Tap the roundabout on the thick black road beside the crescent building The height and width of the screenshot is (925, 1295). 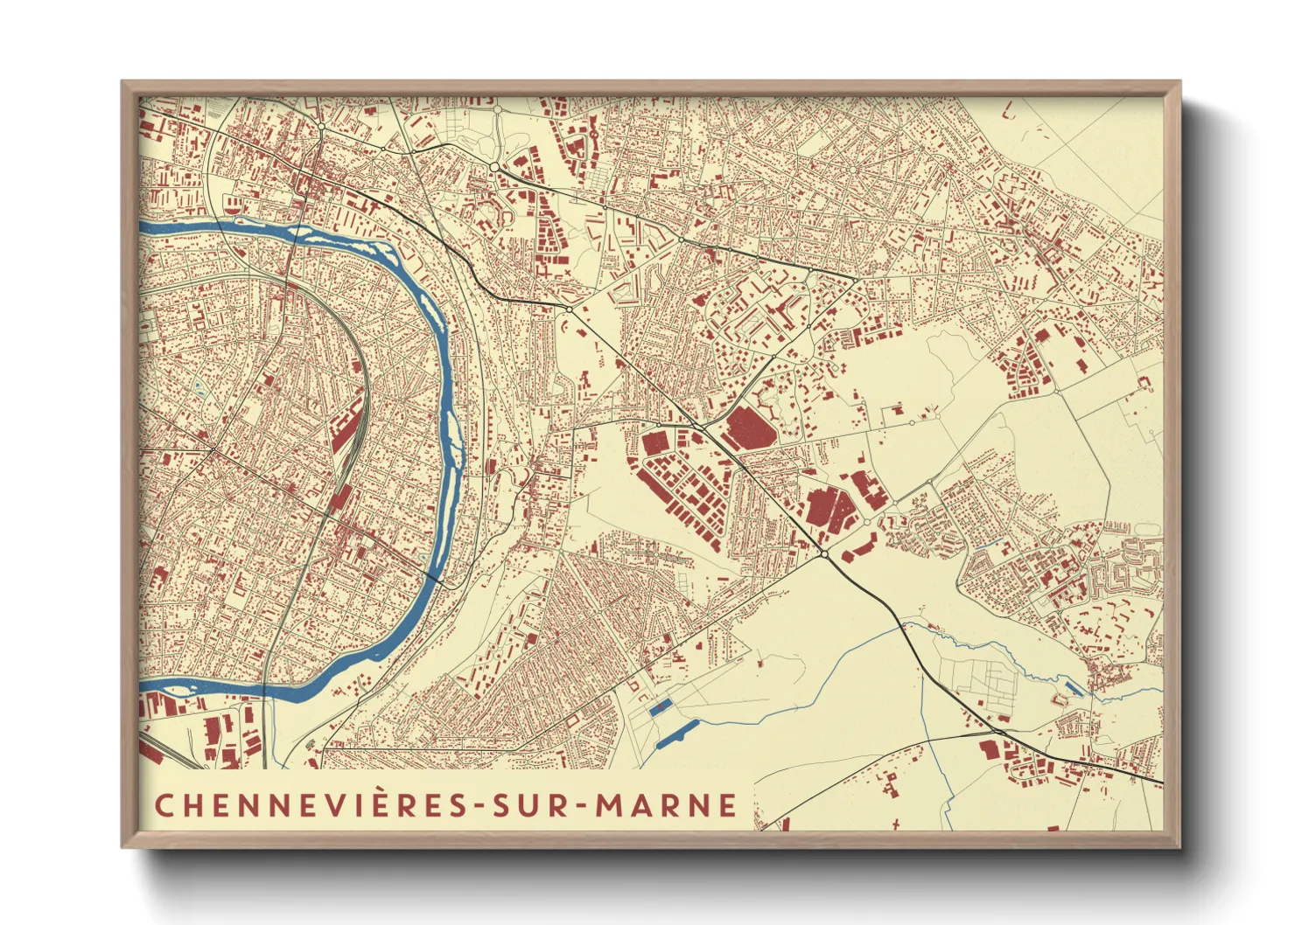point(824,554)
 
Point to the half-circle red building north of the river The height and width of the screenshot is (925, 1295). point(232,205)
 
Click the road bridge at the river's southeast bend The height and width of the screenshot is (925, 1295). point(437,578)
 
